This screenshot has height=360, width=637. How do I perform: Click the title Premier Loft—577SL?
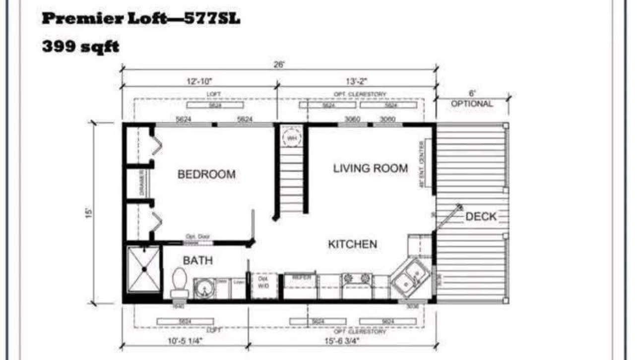click(141, 19)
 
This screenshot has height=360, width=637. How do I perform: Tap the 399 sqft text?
click(80, 47)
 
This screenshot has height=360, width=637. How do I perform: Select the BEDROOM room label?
click(206, 175)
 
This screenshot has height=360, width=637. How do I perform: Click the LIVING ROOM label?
click(370, 169)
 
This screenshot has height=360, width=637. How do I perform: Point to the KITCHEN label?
click(352, 244)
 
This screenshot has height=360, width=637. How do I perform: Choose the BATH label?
click(197, 260)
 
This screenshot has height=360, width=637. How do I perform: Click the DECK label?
click(481, 217)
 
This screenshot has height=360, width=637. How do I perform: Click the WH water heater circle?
click(291, 137)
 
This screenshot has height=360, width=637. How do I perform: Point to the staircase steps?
click(291, 179)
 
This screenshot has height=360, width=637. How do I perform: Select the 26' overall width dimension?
click(279, 65)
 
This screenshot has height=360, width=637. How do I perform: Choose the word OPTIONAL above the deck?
click(472, 104)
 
